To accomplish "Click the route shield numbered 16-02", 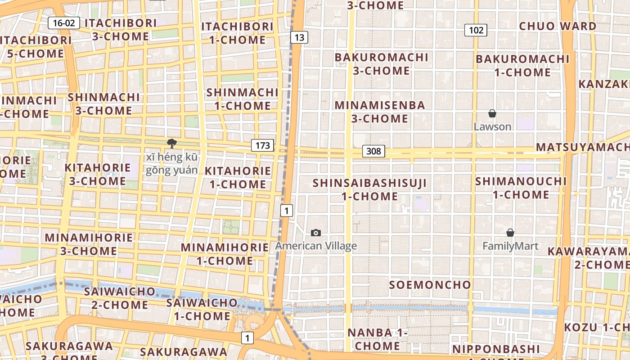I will tap(64, 23).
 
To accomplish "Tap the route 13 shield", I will tap(299, 37).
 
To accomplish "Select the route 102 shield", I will tap(476, 30).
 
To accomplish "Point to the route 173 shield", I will tap(262, 145).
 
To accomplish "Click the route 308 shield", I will tap(373, 151).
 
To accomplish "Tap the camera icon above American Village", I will tap(316, 233).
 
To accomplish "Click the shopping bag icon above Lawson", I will tap(492, 113).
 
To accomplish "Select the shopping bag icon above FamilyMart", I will tap(510, 233).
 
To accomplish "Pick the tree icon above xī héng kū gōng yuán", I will tap(171, 144).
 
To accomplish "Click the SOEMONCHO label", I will tap(430, 285).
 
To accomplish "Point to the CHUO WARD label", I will tap(558, 26).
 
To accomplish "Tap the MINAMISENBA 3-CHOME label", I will tap(380, 112).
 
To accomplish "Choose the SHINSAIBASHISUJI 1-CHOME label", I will tap(369, 189).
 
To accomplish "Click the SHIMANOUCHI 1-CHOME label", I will tap(521, 188).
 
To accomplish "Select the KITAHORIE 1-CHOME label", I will tap(238, 177).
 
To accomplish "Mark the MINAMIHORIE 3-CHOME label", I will tap(89, 244).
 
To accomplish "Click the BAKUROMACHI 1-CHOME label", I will tap(522, 65).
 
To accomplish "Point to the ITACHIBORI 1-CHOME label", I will tap(237, 33).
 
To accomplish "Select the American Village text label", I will tap(316, 246).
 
